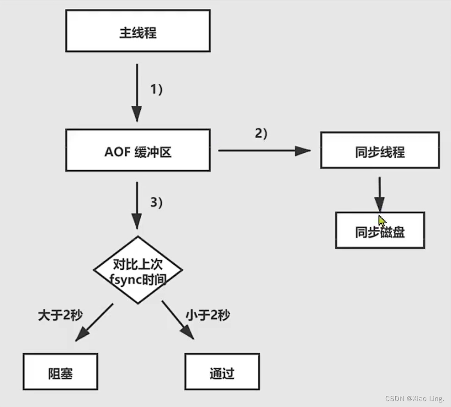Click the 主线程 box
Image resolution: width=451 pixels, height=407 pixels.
click(138, 31)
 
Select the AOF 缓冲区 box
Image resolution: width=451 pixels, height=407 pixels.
click(138, 150)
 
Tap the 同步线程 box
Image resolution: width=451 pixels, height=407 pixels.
click(380, 150)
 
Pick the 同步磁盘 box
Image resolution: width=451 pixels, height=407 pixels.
click(380, 230)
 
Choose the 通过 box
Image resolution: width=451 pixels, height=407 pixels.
click(222, 373)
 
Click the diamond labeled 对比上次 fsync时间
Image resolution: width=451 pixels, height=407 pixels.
click(138, 269)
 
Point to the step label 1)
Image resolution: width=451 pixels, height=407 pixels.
click(157, 90)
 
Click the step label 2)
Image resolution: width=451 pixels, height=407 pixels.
click(261, 134)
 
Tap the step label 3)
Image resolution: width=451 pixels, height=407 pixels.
click(157, 203)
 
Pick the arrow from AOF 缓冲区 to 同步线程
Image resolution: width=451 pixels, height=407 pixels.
click(264, 150)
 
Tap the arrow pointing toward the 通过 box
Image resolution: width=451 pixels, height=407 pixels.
click(178, 320)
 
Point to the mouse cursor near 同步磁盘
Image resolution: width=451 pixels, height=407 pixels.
click(382, 220)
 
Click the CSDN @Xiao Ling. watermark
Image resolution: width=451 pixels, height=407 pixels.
click(415, 398)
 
